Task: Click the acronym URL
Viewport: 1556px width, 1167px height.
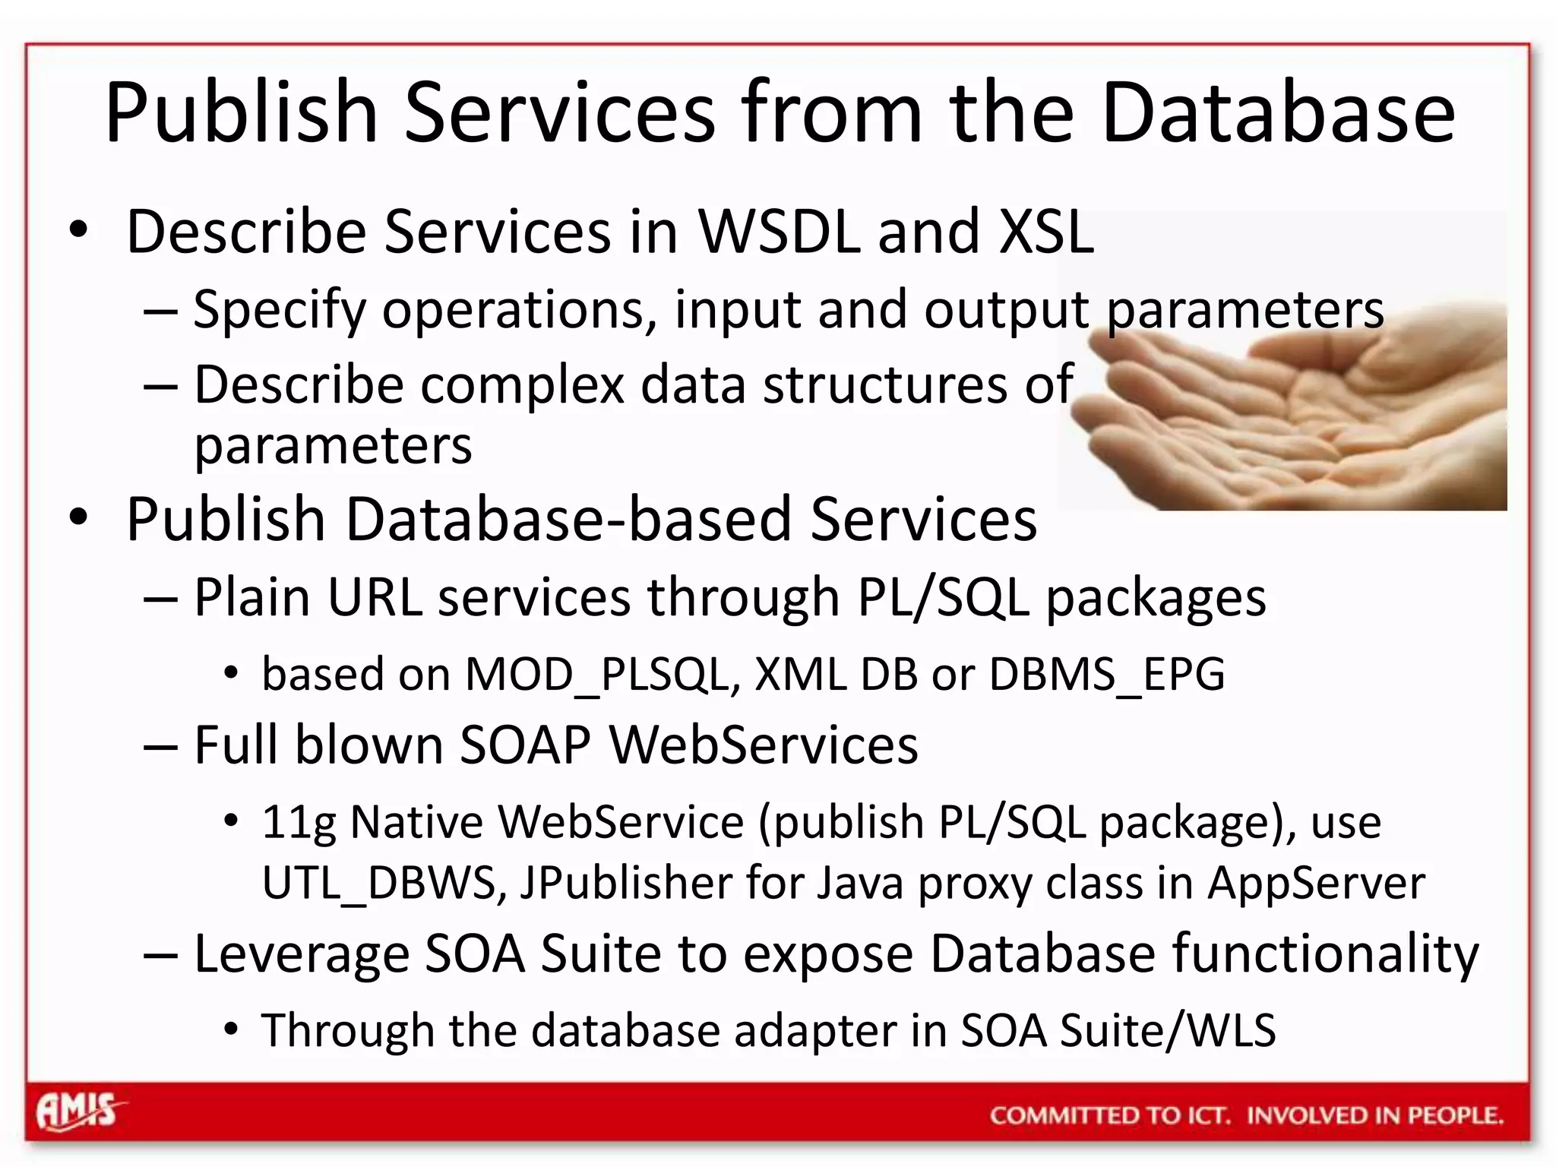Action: click(374, 597)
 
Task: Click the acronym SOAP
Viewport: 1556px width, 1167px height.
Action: click(525, 745)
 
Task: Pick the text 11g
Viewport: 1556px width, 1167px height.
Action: click(299, 824)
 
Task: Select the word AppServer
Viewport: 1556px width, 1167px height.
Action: click(1316, 883)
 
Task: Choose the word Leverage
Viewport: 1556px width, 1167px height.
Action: click(302, 954)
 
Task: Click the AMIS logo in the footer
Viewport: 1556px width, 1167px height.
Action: click(79, 1112)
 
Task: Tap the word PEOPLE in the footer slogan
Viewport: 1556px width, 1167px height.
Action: click(1455, 1115)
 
